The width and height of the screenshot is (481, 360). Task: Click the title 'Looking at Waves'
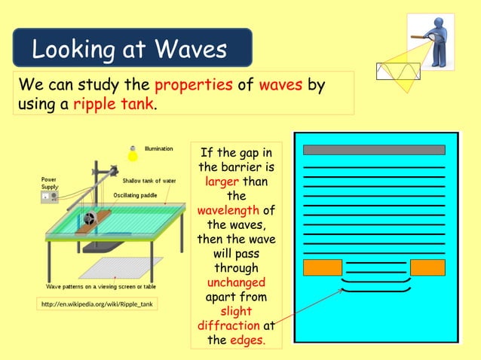(x=130, y=50)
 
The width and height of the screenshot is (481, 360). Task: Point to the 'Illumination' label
(x=159, y=148)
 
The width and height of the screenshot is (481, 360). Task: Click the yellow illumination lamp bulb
(x=133, y=156)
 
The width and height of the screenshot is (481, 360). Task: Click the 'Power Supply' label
(x=49, y=183)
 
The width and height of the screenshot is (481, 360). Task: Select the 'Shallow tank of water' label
(x=149, y=181)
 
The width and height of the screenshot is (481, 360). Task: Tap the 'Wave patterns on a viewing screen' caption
(x=101, y=287)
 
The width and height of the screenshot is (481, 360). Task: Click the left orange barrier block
(x=322, y=267)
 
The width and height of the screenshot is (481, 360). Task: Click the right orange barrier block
(x=427, y=267)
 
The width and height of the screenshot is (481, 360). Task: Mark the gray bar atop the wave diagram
(x=374, y=150)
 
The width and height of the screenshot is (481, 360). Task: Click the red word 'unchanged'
(x=236, y=282)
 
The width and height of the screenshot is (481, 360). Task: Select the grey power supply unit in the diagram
(x=49, y=197)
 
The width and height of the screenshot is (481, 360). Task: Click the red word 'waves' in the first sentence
(x=280, y=84)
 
